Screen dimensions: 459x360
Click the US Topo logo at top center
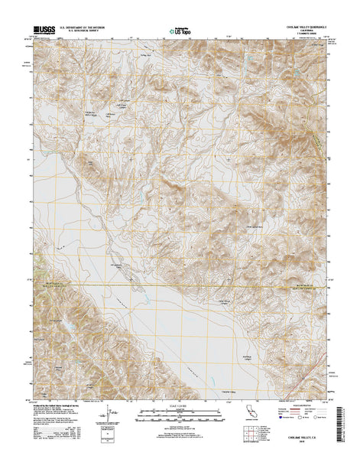click(180, 33)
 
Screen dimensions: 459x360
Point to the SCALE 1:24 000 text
click(180, 400)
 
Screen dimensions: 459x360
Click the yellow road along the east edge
click(316, 138)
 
